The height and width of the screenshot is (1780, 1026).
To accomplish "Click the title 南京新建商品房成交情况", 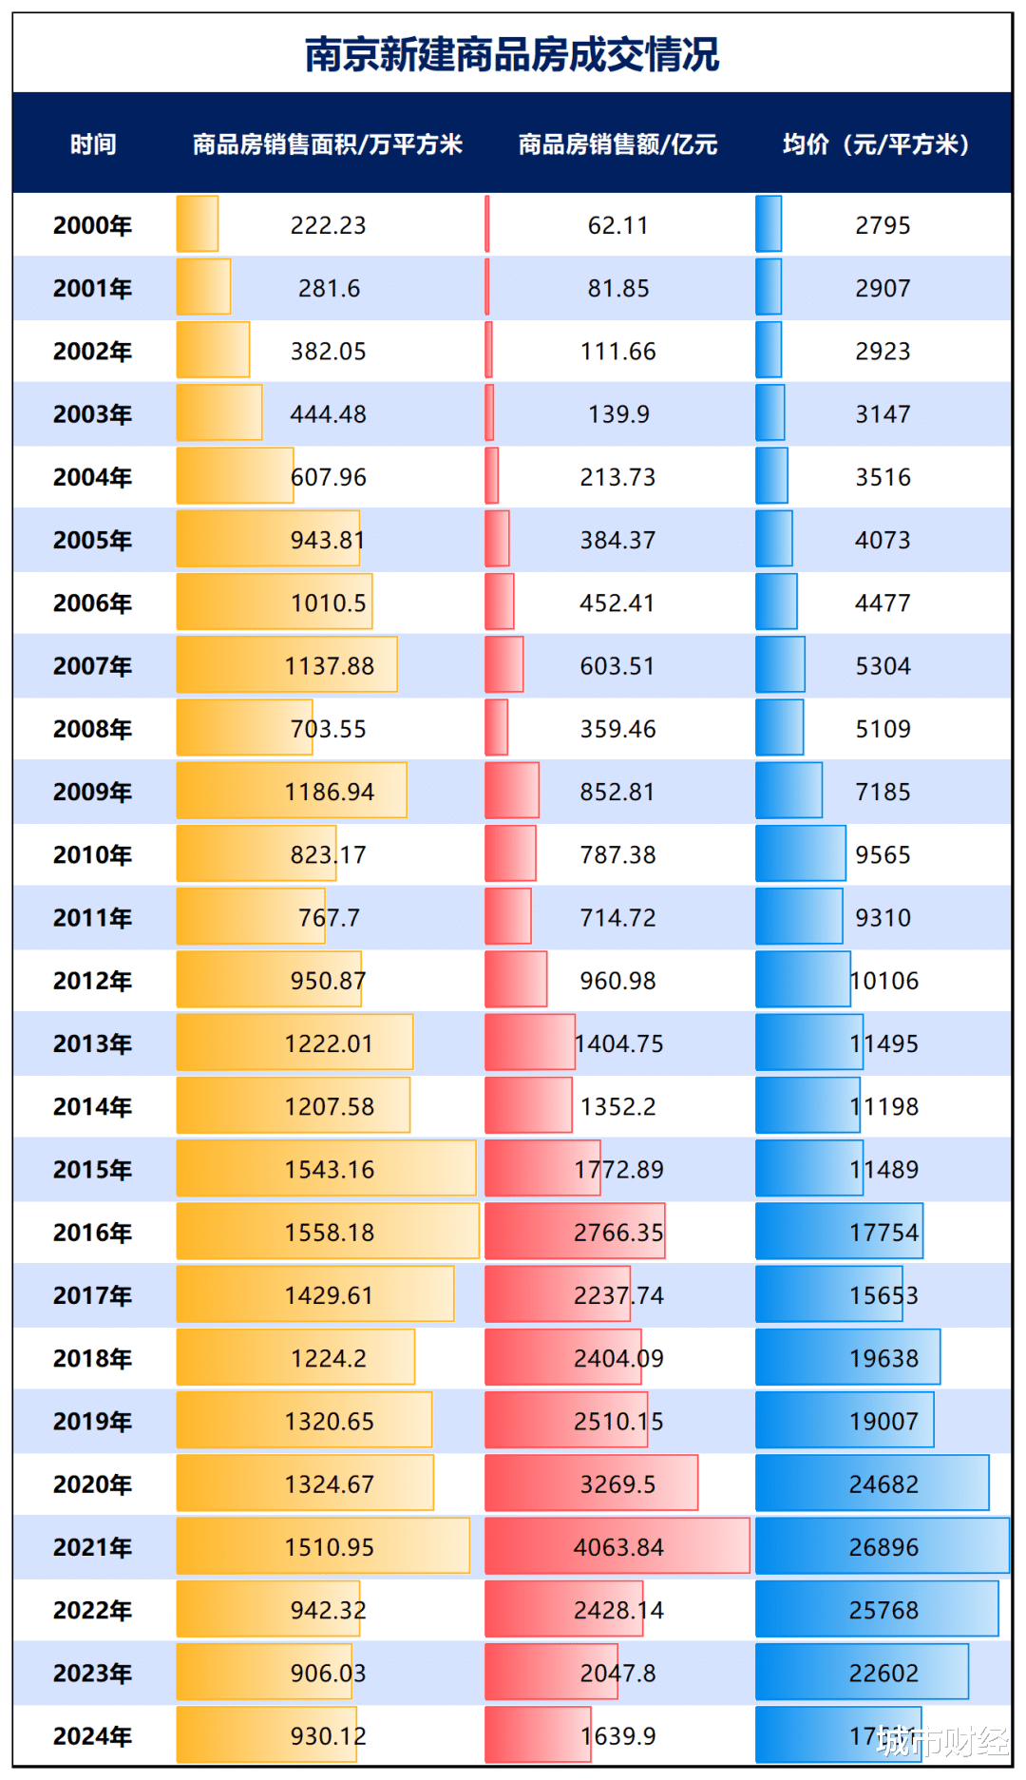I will click(512, 55).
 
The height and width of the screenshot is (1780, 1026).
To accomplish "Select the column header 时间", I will click(93, 144).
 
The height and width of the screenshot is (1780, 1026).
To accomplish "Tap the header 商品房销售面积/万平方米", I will click(328, 144).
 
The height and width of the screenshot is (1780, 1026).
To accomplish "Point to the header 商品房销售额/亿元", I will click(617, 144).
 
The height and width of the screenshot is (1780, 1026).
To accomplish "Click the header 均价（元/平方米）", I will click(876, 144).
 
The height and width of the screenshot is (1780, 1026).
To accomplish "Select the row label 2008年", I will click(92, 729).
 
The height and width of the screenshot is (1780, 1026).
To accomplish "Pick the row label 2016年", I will click(92, 1233).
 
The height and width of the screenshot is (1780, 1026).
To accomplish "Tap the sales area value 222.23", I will click(328, 225).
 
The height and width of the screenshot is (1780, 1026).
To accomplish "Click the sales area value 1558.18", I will click(329, 1233).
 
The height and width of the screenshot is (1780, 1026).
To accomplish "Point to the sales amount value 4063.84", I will click(617, 1547).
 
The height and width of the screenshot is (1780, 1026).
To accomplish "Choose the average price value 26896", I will click(883, 1547).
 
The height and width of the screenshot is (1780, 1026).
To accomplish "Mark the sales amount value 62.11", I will click(617, 225).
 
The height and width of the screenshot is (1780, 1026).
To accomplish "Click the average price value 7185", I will click(883, 792).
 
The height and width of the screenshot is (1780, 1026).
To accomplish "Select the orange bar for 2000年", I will click(198, 224).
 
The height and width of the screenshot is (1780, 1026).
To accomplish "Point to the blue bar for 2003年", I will click(769, 413).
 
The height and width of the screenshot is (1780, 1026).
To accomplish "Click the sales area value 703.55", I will click(328, 729).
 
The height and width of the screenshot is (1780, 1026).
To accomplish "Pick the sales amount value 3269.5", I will click(617, 1484).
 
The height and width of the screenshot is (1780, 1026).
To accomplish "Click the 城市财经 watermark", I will click(941, 1741).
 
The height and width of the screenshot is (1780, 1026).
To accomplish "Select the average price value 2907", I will click(883, 288).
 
